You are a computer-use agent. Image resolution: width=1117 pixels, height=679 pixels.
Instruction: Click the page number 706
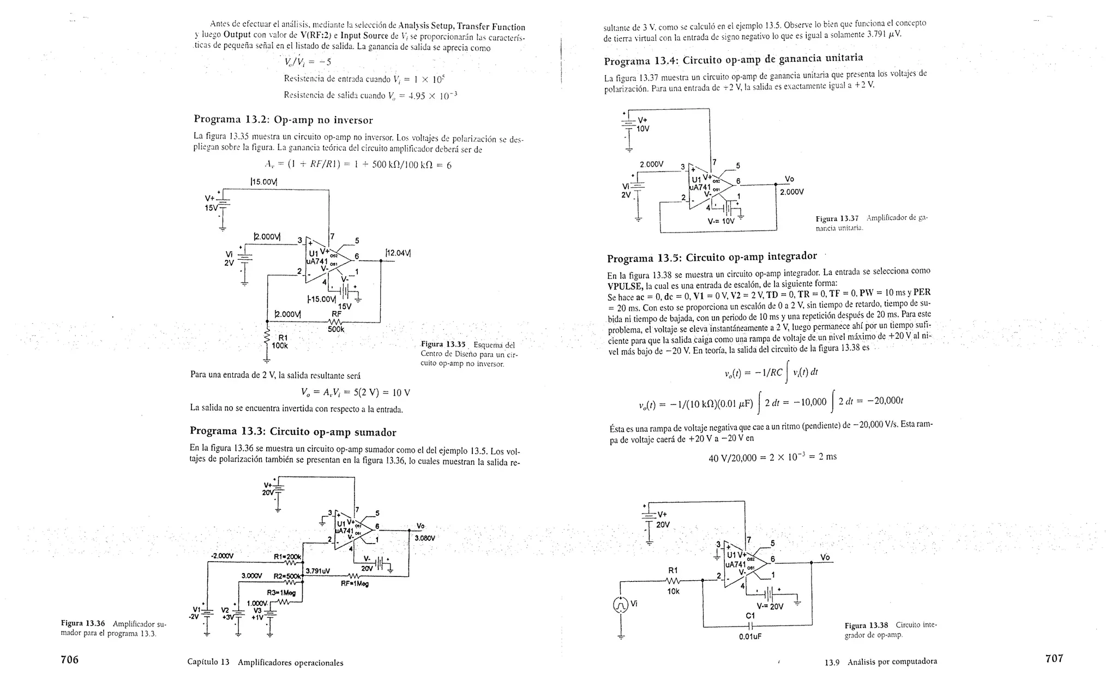[x=69, y=660]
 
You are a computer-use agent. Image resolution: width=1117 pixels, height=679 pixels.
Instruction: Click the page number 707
[x=1054, y=659]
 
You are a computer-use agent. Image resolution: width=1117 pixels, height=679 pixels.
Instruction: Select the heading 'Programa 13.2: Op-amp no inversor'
[x=283, y=120]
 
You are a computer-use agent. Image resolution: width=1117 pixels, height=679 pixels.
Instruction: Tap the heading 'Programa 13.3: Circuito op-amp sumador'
[x=293, y=432]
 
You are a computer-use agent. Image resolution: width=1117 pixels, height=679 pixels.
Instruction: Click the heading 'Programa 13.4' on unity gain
[x=733, y=59]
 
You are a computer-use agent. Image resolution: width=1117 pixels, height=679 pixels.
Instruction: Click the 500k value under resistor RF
[x=336, y=329]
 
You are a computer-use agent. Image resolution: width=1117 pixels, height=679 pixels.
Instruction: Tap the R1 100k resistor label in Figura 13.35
[x=280, y=342]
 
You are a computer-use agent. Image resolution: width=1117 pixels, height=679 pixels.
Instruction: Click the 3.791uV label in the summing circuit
[x=318, y=571]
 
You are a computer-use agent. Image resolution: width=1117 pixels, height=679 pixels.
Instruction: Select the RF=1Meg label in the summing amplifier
[x=355, y=583]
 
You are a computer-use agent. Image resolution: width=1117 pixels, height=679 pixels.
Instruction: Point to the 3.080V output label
[x=425, y=538]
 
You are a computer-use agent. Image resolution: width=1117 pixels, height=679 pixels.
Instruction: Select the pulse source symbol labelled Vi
[x=621, y=605]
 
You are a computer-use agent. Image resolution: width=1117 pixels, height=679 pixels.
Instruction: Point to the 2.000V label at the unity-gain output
[x=791, y=192]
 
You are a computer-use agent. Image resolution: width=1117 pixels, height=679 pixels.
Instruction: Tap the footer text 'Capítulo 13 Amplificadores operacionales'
[x=265, y=663]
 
